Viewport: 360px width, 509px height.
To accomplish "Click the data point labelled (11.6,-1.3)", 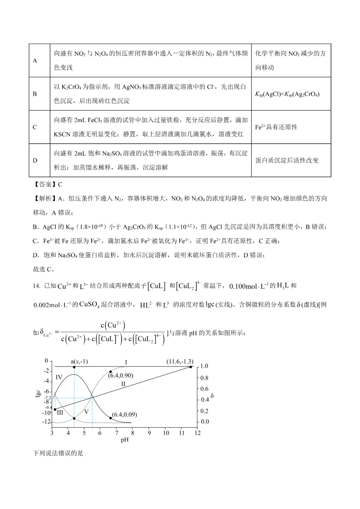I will (x=190, y=367).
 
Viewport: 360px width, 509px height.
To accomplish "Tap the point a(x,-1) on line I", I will (x=74, y=367).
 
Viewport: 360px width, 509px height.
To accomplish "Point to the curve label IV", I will (x=59, y=377).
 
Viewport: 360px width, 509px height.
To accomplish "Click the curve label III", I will (x=60, y=412).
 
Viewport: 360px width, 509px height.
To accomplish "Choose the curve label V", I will (x=86, y=412).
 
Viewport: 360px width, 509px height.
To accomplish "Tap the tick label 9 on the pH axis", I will (x=149, y=433).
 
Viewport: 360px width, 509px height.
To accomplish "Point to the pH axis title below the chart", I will (x=125, y=440).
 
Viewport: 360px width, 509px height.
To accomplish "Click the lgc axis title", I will (x=38, y=394).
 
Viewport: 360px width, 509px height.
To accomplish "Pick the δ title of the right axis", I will (x=212, y=396).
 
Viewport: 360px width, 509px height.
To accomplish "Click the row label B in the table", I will (x=35, y=94).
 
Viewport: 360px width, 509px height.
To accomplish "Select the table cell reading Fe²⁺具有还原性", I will (x=276, y=127).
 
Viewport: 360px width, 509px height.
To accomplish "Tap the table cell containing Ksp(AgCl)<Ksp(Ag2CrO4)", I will (x=287, y=94).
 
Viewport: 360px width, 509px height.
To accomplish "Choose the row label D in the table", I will (x=35, y=160).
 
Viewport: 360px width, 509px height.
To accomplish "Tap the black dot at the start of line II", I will (x=55, y=409).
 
